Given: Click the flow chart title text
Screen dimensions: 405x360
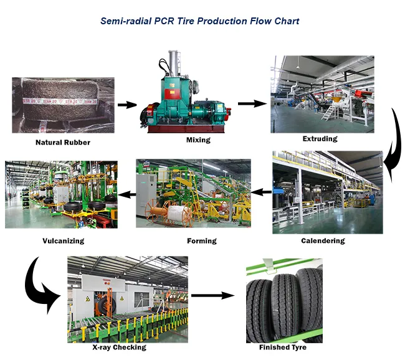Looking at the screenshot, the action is [x=199, y=21].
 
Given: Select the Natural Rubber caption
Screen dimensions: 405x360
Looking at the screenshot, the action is [x=63, y=142].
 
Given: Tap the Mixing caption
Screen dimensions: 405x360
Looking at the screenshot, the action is [x=198, y=140].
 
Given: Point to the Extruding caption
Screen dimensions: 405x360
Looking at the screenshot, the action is [x=320, y=139].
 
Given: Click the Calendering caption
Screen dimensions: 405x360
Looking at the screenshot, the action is [x=323, y=240].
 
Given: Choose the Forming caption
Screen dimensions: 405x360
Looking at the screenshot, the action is [x=202, y=241].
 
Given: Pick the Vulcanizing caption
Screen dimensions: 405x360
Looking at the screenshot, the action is [x=64, y=241].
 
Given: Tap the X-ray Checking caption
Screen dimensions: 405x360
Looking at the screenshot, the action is [x=120, y=347].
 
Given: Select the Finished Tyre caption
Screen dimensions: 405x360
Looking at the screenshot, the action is [x=283, y=348].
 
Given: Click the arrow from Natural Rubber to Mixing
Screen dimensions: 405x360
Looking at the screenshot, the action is [x=127, y=105].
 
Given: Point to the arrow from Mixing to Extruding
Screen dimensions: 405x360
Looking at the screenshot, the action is [x=252, y=104].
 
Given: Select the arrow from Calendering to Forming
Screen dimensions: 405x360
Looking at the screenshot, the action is [x=261, y=192].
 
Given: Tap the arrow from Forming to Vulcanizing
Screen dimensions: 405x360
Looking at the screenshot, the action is [x=127, y=194].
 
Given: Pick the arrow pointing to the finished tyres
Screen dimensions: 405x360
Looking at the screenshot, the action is [x=213, y=295].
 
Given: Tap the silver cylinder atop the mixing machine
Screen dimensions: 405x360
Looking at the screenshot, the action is [x=174, y=64].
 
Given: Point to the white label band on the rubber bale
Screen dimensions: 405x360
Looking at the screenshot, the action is [x=60, y=102].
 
